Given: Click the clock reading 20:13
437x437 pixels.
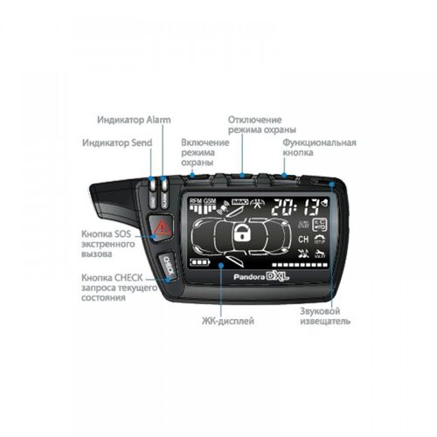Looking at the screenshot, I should click(x=294, y=206).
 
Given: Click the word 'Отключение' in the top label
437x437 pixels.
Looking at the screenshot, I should click(x=254, y=119).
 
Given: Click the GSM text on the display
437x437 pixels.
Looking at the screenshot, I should click(x=209, y=200).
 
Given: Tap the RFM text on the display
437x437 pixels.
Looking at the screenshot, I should click(x=194, y=200).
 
